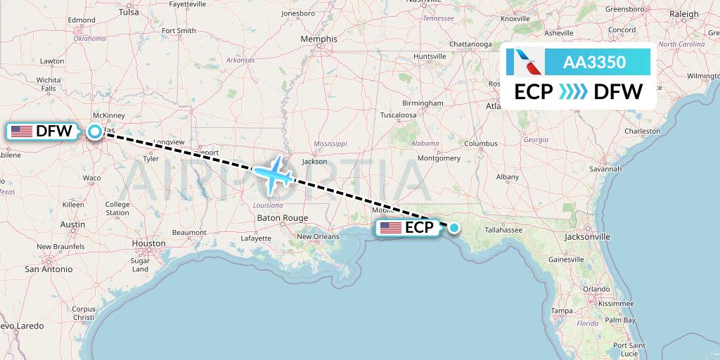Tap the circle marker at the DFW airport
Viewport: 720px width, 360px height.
tap(94, 131)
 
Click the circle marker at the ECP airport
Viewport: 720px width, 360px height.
tap(454, 227)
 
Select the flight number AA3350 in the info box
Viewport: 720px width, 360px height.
tap(594, 63)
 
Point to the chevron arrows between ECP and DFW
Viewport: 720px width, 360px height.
tap(573, 92)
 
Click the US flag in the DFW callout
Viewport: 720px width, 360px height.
tap(22, 131)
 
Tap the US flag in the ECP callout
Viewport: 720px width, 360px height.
tap(391, 228)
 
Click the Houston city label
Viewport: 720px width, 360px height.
tap(148, 243)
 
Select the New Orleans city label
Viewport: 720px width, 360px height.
tap(318, 237)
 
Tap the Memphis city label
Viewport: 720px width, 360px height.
tap(319, 39)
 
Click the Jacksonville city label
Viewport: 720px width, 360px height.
tap(587, 238)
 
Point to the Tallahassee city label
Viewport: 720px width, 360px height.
tap(498, 230)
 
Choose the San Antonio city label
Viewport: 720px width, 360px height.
tap(49, 269)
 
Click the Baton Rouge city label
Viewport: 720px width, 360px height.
tap(283, 218)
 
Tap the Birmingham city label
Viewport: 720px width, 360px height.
tap(423, 103)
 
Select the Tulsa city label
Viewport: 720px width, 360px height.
tap(129, 13)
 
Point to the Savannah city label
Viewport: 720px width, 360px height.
tap(605, 169)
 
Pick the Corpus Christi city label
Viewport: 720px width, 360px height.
tap(83, 313)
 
